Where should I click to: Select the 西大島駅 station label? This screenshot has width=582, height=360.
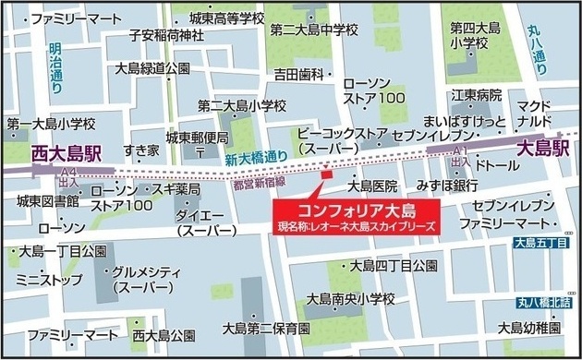point(66,155)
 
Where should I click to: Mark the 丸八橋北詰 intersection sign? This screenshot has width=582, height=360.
point(544,302)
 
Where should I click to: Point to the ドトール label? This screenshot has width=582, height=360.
point(500,165)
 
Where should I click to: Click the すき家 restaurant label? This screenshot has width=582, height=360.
point(140,150)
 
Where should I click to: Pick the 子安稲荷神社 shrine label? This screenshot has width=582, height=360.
point(166,37)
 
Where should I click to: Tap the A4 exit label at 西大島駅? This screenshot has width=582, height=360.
point(67,176)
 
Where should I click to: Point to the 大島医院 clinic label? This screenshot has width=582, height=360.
point(372,186)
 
